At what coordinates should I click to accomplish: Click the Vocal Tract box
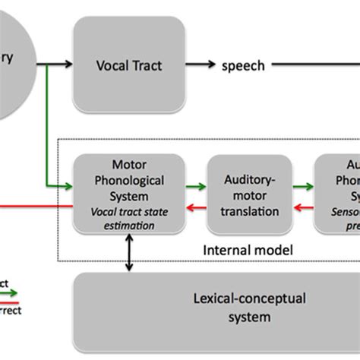coord(128,65)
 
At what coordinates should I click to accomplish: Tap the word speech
coord(243,66)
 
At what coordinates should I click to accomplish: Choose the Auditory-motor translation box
coord(249,194)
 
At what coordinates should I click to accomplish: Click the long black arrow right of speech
coord(315,66)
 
